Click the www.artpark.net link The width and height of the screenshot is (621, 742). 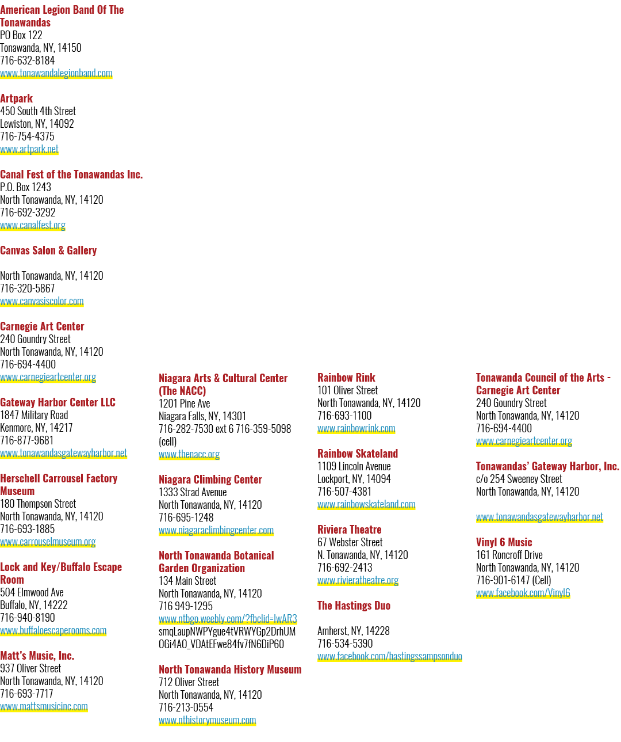29,149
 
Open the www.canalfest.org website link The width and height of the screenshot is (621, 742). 33,225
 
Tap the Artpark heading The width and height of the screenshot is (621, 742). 16,98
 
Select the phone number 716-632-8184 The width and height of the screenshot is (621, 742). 28,60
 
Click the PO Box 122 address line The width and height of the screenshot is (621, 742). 21,35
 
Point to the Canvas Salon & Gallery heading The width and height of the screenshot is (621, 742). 48,250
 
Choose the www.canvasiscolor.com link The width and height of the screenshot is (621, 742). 42,302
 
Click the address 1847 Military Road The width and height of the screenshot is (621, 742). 34,415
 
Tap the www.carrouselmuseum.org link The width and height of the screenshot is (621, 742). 48,542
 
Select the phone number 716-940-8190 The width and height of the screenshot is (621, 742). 28,618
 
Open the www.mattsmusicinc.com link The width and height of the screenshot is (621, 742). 44,706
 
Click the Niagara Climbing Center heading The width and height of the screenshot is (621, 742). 210,480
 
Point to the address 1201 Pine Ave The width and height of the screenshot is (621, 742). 184,404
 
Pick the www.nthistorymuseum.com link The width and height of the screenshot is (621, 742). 208,720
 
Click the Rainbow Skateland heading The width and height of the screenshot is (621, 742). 358,454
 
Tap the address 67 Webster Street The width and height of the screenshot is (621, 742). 350,542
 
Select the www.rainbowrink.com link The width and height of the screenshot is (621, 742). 356,429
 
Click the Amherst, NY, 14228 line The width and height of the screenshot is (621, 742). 353,631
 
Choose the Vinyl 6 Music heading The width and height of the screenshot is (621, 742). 504,542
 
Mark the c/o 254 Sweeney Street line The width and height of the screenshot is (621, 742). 519,479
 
